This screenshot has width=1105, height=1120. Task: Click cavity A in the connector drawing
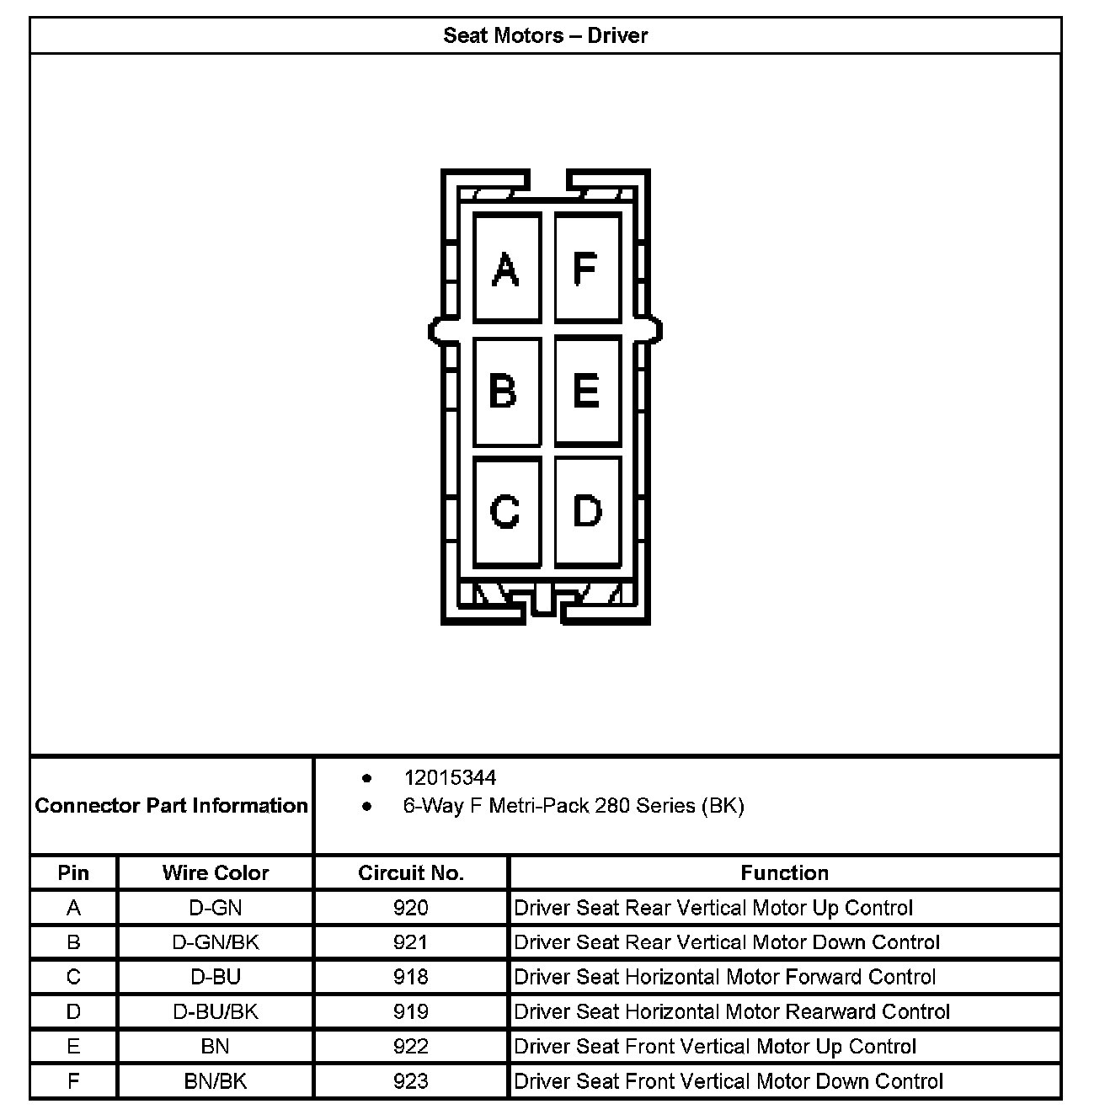pos(506,268)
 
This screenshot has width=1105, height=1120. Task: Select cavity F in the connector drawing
pos(587,268)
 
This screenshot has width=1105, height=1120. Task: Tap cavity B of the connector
pos(506,391)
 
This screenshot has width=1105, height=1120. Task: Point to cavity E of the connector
pos(587,391)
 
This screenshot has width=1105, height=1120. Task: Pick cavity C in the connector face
pos(506,511)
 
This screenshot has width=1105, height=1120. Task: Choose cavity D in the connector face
pos(587,511)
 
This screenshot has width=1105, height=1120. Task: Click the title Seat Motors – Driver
pos(545,35)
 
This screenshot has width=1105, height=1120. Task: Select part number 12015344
pos(450,777)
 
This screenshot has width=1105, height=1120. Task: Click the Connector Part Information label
pos(172,805)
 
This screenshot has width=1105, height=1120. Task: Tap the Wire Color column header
pos(216,872)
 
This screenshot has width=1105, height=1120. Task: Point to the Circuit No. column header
pos(411,872)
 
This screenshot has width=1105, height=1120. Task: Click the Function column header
pos(784,872)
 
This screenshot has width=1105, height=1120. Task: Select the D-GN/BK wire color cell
pos(216,942)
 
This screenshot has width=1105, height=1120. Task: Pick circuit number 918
pos(411,977)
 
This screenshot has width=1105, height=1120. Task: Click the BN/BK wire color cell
pos(216,1081)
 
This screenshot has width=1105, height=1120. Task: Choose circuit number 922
pos(411,1047)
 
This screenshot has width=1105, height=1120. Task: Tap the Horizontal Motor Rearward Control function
pos(732,1011)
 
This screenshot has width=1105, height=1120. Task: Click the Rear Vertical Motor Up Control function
pos(713,908)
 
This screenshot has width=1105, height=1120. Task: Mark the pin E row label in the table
pos(74,1047)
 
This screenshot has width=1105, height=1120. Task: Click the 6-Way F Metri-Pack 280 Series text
pos(574,806)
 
